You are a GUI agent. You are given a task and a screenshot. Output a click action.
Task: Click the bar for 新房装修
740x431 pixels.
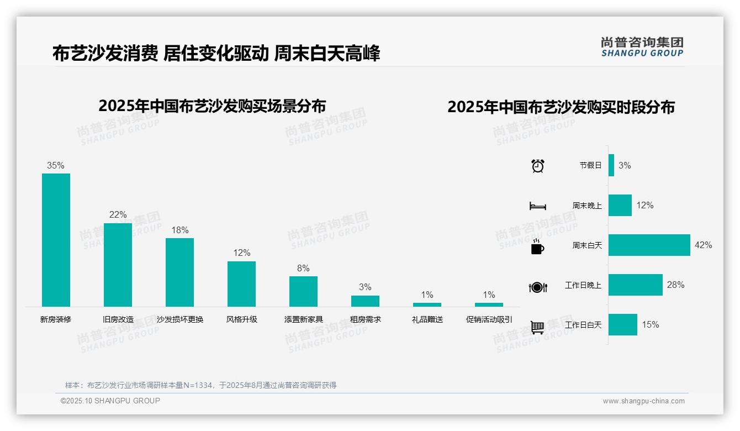(56, 240)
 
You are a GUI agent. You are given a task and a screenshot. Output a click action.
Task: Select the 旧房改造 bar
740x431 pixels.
(118, 265)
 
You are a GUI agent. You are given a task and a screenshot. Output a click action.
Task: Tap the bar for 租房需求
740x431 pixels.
(365, 301)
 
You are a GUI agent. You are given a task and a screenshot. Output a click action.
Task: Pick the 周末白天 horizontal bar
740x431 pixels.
(649, 245)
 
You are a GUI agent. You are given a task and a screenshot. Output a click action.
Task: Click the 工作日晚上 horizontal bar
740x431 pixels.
(635, 285)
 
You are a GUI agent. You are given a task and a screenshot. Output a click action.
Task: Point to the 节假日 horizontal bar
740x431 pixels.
(611, 165)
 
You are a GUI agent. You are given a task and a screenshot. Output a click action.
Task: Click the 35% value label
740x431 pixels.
(56, 165)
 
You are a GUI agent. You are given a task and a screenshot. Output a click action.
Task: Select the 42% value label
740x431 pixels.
(703, 245)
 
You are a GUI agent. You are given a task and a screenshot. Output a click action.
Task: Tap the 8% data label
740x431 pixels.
(303, 268)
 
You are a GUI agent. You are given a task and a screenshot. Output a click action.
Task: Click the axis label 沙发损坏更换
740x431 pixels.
(180, 319)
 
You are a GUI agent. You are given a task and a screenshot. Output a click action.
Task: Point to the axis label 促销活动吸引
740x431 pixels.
(489, 319)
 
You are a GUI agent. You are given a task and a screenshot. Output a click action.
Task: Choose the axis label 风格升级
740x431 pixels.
(241, 319)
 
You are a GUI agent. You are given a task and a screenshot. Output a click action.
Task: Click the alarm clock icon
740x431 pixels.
(537, 165)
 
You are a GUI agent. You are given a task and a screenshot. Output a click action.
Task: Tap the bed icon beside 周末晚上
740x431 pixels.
(537, 206)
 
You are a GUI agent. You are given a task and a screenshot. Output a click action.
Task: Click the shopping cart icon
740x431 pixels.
(537, 327)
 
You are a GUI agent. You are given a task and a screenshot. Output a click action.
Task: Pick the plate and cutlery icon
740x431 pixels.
(537, 287)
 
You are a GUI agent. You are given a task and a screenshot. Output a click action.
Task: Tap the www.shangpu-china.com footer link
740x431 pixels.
(643, 401)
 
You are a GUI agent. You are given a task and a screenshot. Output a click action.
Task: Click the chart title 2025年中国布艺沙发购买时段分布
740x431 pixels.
(561, 107)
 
